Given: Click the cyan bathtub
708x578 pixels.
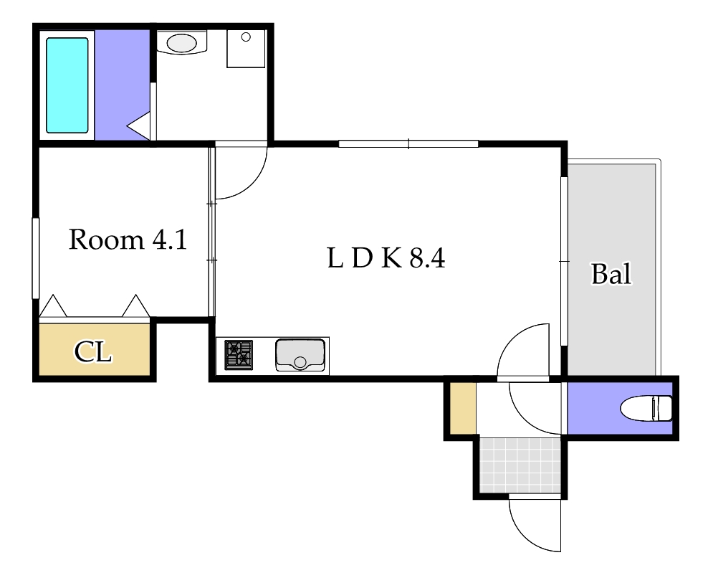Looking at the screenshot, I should coord(67,85).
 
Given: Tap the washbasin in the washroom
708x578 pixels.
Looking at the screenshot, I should coord(181,42).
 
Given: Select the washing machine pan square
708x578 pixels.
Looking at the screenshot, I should coord(246,48).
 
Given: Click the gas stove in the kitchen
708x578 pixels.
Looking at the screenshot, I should coord(239,355).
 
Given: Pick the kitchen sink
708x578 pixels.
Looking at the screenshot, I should coord(301,355).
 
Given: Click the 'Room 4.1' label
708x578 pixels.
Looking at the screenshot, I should coord(128,240).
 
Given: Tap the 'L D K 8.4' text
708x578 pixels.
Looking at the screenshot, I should coord(386,258).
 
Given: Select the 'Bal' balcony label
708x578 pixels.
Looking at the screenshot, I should coord(611,274).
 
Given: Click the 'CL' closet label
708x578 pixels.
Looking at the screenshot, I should coord(93,352).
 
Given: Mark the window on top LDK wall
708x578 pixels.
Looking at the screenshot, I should coord(408,144).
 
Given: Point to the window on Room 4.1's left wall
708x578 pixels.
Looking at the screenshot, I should coord(34,258).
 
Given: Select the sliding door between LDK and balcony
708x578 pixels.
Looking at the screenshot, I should coord(564,262).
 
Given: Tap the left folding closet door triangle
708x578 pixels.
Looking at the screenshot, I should coord(53,306).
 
